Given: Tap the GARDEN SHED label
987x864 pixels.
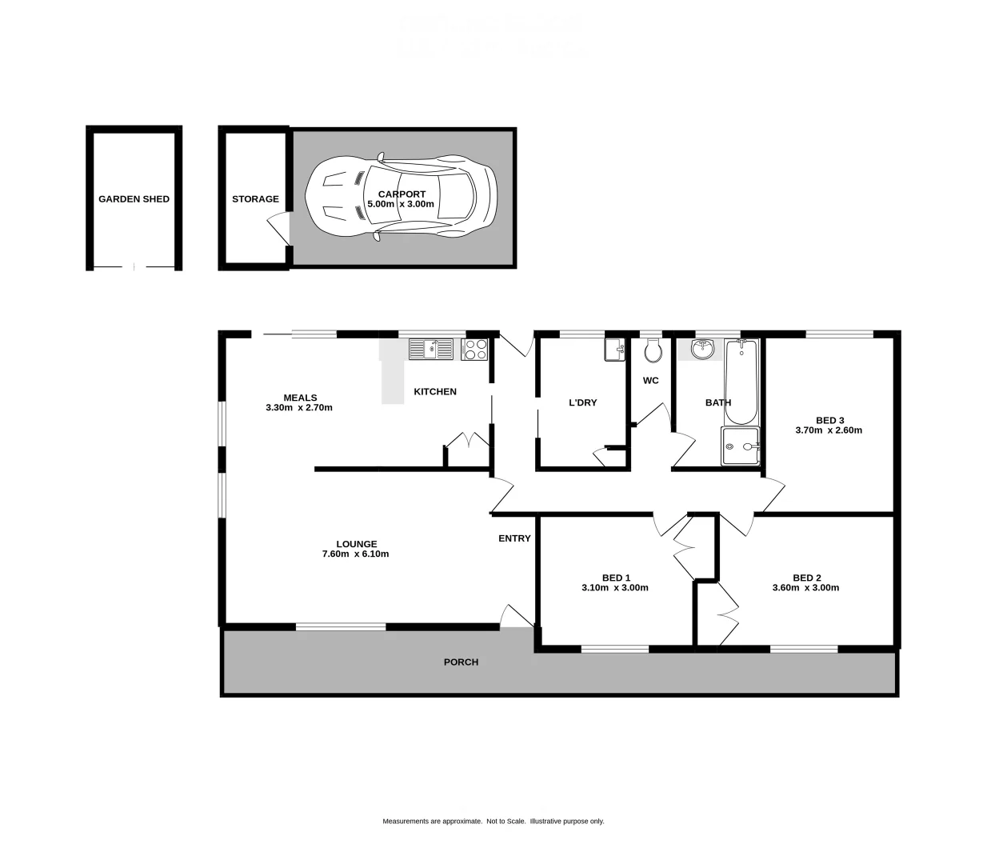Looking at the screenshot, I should [134, 199].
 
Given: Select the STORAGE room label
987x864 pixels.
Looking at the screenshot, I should [255, 199].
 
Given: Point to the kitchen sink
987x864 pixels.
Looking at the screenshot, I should [430, 349].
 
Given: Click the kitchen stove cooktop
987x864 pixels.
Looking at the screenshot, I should [474, 349].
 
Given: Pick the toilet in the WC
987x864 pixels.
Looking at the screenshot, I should [652, 350].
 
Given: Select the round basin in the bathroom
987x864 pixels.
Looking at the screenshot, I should [703, 348].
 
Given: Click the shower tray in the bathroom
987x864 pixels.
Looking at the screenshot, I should [740, 446].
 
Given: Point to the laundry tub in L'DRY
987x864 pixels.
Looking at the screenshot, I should [614, 350].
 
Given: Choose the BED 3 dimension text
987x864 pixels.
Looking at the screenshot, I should [829, 430].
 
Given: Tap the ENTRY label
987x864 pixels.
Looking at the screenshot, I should [514, 538].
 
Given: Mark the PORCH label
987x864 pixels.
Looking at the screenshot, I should [461, 662].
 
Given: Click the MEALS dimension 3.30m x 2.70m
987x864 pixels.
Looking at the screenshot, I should [299, 408].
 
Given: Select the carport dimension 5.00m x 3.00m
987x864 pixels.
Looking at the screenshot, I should [401, 205].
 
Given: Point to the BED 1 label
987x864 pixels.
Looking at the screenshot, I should [616, 578].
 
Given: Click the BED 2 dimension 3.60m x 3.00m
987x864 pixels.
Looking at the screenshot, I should [805, 588].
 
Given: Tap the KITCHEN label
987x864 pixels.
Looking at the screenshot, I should [435, 392].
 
